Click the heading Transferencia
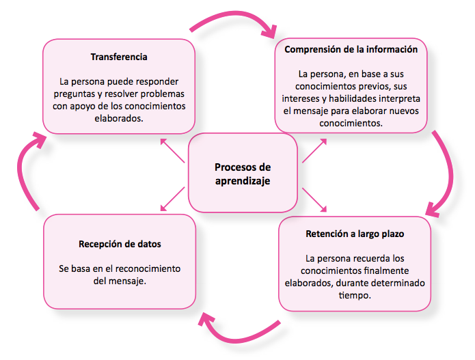119,57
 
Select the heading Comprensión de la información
351,49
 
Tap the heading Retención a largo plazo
355,234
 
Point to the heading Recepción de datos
120,244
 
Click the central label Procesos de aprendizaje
243,174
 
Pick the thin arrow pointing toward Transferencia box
172,150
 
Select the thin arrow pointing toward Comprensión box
314,150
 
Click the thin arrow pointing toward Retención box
314,199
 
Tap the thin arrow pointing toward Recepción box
172,199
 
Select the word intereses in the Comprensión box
301,98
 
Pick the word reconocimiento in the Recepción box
148,269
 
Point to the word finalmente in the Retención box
386,271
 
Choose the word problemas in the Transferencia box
163,94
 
